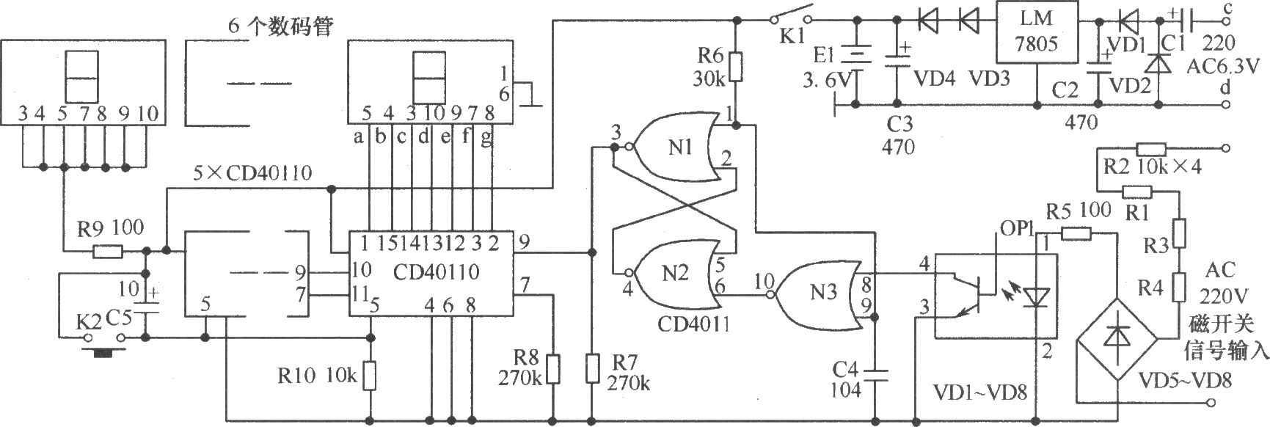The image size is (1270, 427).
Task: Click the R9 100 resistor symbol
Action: [x=107, y=252]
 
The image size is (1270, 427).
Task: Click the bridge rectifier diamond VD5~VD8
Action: [x=1116, y=339]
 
